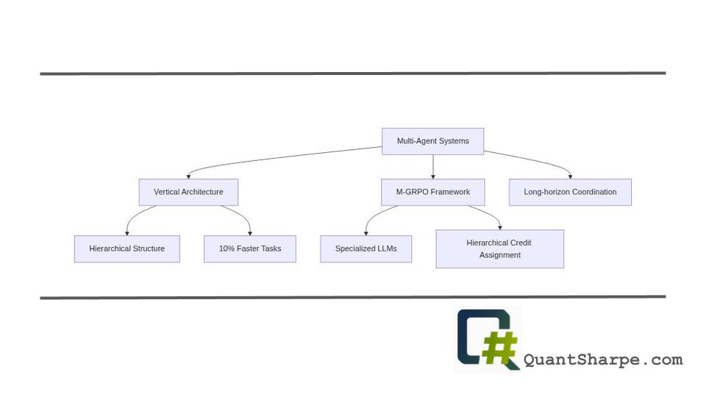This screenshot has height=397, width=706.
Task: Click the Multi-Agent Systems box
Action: [x=432, y=141]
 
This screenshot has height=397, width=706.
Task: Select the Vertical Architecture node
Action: [x=188, y=192]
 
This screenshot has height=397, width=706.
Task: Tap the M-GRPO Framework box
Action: [x=432, y=192]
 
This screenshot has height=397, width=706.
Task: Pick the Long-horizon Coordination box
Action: [x=570, y=192]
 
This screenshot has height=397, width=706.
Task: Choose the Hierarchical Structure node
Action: [x=126, y=248]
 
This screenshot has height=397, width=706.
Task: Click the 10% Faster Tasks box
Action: [x=250, y=248]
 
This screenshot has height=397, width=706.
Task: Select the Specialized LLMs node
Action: [x=366, y=248]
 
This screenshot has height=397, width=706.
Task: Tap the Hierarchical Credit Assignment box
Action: [x=499, y=248]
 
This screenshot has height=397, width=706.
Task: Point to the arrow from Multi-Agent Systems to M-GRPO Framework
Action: [x=432, y=167]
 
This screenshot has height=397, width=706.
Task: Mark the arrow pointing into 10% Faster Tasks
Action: [x=243, y=216]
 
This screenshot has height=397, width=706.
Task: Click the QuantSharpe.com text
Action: [x=603, y=360]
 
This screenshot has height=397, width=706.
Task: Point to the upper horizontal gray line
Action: [x=353, y=74]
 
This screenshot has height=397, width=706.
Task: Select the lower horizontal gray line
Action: [x=353, y=297]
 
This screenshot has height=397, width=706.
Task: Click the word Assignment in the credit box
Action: [x=499, y=255]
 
